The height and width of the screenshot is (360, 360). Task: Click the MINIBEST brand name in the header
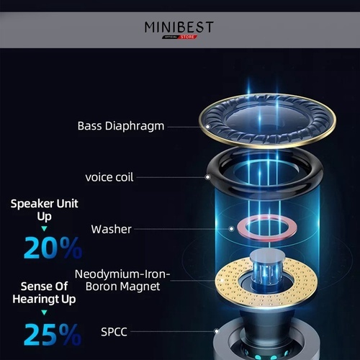(x=179, y=27)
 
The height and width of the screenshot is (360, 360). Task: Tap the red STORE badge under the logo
(x=188, y=37)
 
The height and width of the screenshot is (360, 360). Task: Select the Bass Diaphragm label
(x=121, y=127)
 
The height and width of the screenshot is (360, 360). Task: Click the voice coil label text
(x=109, y=177)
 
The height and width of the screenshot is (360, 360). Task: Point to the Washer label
(x=111, y=229)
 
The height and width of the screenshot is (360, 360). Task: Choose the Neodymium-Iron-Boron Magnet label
(x=122, y=280)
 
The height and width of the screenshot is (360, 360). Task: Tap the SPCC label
(x=114, y=332)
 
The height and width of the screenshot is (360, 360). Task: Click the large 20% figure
(x=53, y=248)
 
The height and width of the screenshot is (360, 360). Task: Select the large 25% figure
(x=53, y=334)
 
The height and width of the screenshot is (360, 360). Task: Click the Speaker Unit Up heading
(x=45, y=210)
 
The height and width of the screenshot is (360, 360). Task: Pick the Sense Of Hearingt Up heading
(x=44, y=293)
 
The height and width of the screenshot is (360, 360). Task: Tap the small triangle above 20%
(x=44, y=229)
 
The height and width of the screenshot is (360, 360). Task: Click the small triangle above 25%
(x=44, y=312)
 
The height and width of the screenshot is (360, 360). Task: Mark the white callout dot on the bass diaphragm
(x=208, y=127)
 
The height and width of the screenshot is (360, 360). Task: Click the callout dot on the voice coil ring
(x=207, y=177)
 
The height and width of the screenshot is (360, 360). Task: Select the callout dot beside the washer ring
(x=231, y=229)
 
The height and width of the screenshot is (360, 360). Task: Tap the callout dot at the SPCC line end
(x=217, y=331)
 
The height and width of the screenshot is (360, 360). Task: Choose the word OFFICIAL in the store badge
(x=171, y=37)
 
